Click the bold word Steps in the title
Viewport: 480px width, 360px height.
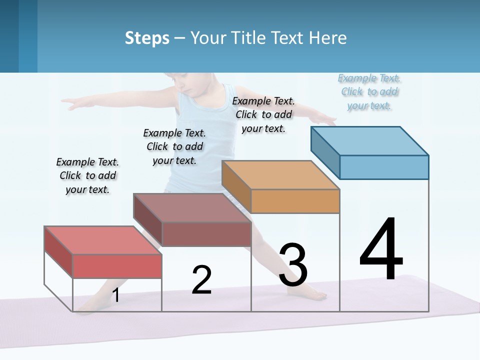147,38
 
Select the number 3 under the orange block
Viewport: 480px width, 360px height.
293,264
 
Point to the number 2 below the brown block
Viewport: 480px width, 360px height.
201,280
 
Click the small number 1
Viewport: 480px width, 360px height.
116,295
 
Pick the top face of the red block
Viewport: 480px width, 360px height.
103,240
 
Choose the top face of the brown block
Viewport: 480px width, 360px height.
192,207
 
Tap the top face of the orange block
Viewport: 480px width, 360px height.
280,175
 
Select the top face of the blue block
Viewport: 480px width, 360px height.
369,140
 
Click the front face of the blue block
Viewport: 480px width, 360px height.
384,167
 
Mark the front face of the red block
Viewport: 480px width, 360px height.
117,266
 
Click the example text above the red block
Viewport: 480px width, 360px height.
87,175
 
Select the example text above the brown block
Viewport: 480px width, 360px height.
174,146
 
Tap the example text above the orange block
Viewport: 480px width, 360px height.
263,114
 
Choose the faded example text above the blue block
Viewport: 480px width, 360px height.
369,91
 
